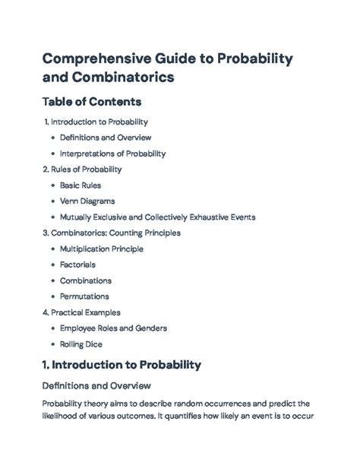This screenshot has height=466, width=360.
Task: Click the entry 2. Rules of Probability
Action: (x=83, y=170)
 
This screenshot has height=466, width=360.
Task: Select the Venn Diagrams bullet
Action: (x=87, y=201)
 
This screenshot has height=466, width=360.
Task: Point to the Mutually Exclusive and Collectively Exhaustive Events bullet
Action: (x=157, y=217)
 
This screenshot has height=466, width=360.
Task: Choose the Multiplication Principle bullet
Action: (x=101, y=249)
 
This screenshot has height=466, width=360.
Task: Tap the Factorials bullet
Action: (x=77, y=265)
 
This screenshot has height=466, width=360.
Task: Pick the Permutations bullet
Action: (x=84, y=296)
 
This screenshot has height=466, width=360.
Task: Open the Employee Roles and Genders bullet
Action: (x=113, y=328)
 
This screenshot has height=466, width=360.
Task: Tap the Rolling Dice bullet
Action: (x=81, y=344)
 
